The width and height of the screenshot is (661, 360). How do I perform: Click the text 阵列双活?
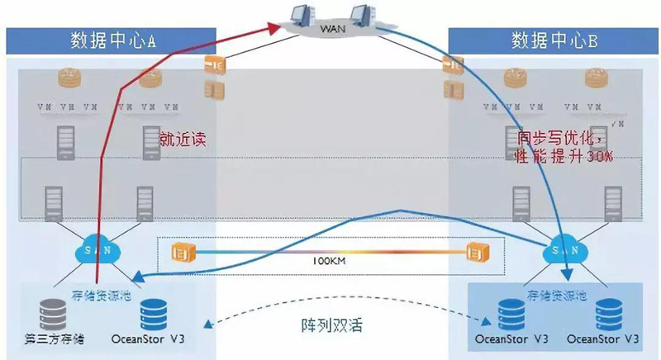pyautogui.click(x=326, y=324)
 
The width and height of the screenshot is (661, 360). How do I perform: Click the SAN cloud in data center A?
pyautogui.click(x=100, y=247)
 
